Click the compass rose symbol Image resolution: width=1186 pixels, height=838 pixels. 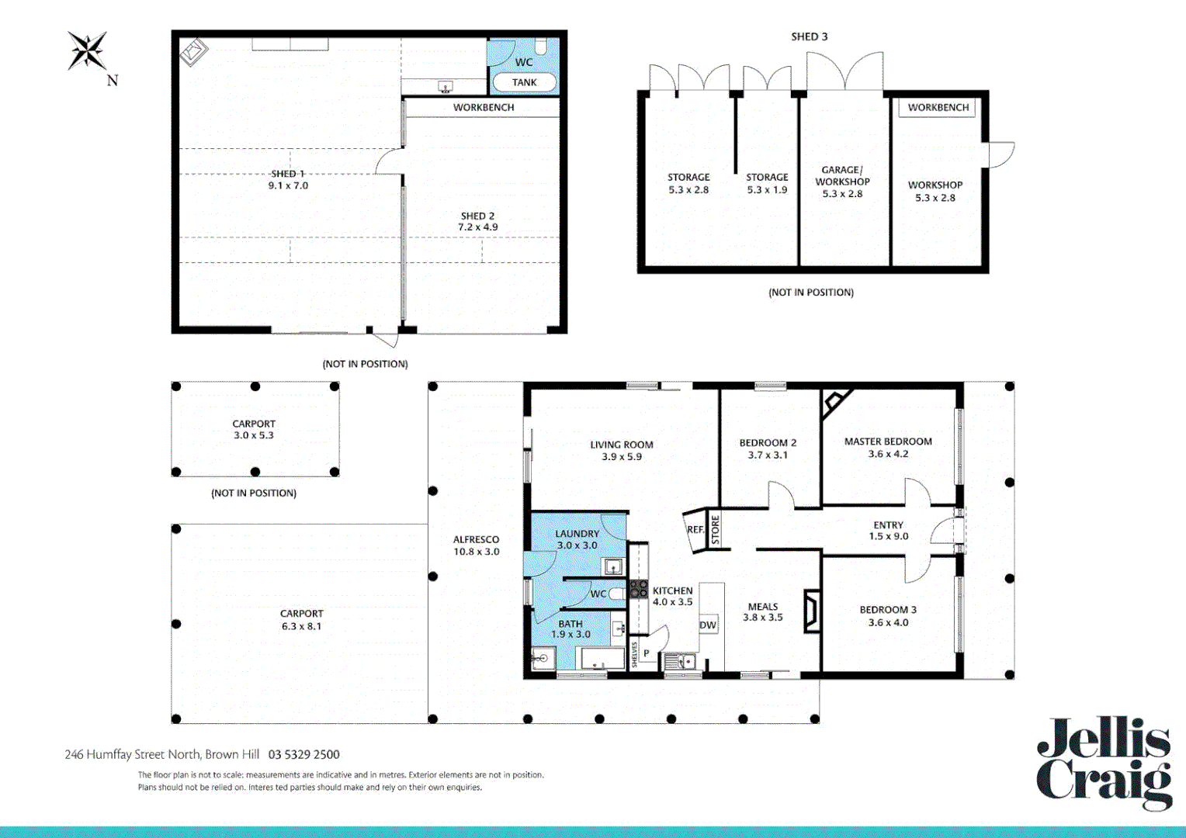[x=88, y=50]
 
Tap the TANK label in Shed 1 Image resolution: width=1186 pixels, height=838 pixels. [x=524, y=82]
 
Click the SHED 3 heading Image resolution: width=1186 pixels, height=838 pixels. [x=809, y=36]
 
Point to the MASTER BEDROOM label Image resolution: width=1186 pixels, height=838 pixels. [x=888, y=442]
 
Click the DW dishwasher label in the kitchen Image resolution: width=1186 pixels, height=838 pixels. [x=707, y=625]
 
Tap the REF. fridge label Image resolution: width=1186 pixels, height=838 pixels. [x=695, y=529]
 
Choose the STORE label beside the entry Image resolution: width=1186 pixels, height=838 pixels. [x=715, y=531]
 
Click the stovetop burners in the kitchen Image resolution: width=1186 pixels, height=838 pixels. [x=638, y=589]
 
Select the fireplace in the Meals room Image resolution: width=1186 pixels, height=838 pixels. [x=812, y=611]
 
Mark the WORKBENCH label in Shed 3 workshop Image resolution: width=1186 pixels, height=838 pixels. [x=938, y=107]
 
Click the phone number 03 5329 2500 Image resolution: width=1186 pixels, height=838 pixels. [x=304, y=754]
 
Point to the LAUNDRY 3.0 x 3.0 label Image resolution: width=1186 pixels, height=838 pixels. [x=577, y=539]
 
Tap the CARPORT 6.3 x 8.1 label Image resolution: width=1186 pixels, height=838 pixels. [x=301, y=620]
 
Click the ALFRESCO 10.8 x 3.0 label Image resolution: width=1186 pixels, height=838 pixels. [x=476, y=545]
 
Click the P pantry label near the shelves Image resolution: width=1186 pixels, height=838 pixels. [x=646, y=653]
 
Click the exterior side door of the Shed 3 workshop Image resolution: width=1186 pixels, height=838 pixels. [x=999, y=155]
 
